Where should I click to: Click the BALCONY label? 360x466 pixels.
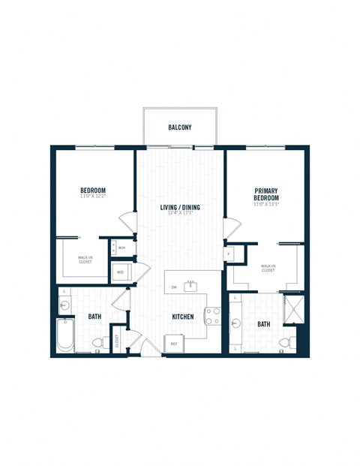(x=180, y=128)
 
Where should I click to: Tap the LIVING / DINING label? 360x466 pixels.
(x=179, y=207)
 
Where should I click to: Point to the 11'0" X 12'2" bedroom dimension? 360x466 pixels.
(x=93, y=197)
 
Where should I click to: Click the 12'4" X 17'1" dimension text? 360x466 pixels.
(x=179, y=214)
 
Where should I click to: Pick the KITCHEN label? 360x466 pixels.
(x=183, y=317)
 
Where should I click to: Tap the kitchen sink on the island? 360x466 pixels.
(x=190, y=285)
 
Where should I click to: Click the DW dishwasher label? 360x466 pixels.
(x=174, y=287)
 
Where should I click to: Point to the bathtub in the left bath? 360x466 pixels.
(x=65, y=336)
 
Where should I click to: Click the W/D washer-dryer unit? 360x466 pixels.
(x=121, y=272)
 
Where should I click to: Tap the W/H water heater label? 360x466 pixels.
(x=122, y=247)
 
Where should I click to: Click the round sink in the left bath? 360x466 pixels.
(x=64, y=305)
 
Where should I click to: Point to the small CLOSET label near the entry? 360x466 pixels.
(x=117, y=341)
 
